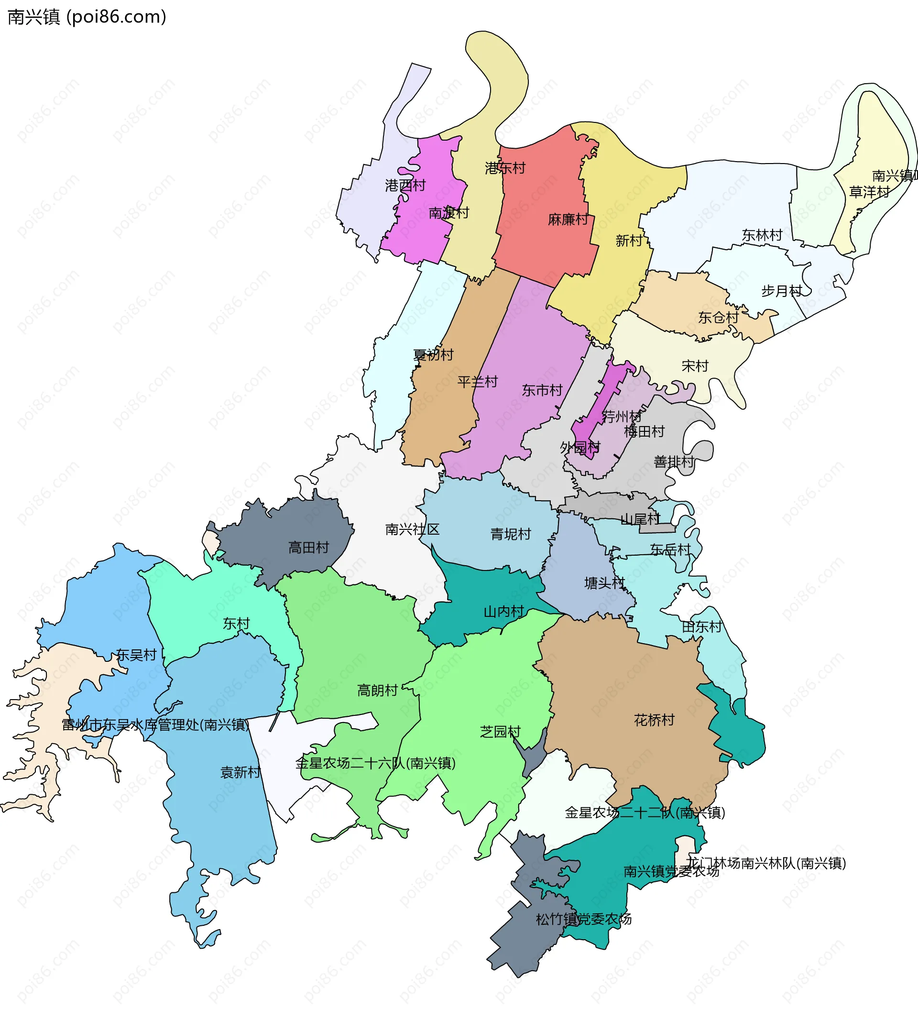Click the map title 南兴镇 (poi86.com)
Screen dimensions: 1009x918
(x=86, y=17)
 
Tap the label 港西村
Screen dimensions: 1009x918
(x=405, y=186)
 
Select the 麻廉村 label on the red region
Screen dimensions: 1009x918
(x=568, y=219)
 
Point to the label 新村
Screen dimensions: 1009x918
(x=629, y=241)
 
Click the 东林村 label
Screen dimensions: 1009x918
(x=762, y=235)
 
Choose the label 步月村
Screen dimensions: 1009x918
(x=781, y=291)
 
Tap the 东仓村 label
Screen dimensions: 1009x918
(x=718, y=318)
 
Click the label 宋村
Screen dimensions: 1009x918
(x=695, y=366)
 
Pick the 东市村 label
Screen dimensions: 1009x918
(x=542, y=390)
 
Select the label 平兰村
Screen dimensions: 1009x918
(x=478, y=382)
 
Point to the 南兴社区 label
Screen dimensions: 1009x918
(x=412, y=529)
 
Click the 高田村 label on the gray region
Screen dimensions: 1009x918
(x=308, y=548)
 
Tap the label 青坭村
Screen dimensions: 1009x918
(x=511, y=534)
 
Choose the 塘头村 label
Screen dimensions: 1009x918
(x=605, y=582)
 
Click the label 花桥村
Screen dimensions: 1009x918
(x=654, y=720)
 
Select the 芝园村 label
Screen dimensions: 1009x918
(x=500, y=732)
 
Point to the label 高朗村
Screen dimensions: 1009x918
(x=377, y=690)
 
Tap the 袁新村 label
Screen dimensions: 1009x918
(x=241, y=772)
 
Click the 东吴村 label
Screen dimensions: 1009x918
(x=136, y=655)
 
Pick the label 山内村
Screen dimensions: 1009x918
(x=503, y=611)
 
